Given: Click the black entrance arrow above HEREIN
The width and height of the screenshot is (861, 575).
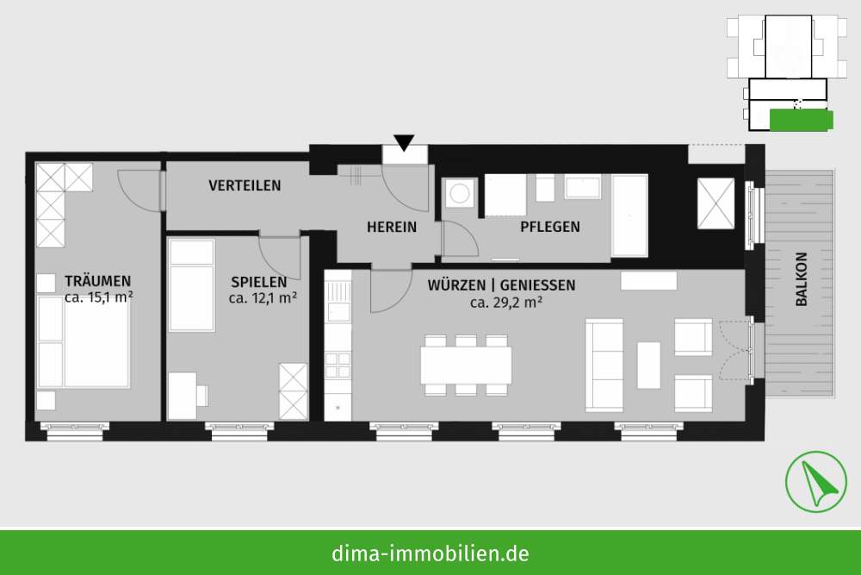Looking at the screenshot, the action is click(404, 142).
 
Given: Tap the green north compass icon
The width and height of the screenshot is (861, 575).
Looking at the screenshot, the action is click(815, 482).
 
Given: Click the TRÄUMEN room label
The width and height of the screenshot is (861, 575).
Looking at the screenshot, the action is click(98, 281).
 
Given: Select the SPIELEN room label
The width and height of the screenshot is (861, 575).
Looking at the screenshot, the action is click(258, 282).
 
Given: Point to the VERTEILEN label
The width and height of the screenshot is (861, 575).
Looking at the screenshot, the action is click(245, 186).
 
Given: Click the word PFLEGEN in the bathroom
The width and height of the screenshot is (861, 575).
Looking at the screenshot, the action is click(550, 227).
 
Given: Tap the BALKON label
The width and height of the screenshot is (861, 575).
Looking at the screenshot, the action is click(801, 279).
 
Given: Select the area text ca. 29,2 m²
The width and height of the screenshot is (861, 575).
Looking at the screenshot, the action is click(506, 303).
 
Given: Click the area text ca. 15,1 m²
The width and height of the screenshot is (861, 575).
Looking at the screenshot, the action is click(99, 297).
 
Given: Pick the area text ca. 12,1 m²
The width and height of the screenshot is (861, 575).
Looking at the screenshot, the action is click(263, 298).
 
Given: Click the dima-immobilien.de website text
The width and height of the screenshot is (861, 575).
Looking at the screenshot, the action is click(430, 553).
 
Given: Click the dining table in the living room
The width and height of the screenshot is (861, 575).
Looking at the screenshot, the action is click(466, 365).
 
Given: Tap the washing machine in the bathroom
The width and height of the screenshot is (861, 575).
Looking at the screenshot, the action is click(459, 193).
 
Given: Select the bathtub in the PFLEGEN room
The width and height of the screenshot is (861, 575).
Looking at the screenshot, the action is click(629, 216).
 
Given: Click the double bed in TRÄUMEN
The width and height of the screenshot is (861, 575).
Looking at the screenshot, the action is click(84, 341).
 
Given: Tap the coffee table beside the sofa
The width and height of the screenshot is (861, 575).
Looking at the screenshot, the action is click(648, 365).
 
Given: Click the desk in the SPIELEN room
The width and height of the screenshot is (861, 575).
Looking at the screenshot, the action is click(183, 396).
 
